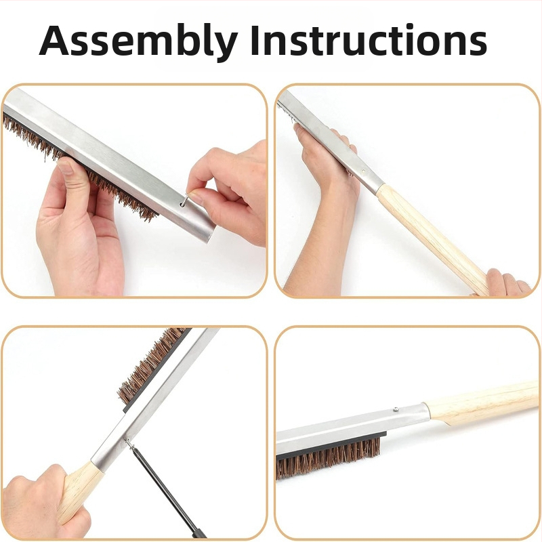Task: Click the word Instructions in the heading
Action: pyautogui.click(x=369, y=40)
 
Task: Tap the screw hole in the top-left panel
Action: pyautogui.click(x=182, y=205)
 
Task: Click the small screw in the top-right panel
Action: pyautogui.click(x=363, y=171)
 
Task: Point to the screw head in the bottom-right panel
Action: pyautogui.click(x=396, y=409)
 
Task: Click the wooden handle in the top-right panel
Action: pyautogui.click(x=432, y=238)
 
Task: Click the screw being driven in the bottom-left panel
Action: pyautogui.click(x=129, y=442)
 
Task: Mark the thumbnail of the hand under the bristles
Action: pyautogui.click(x=65, y=167)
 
